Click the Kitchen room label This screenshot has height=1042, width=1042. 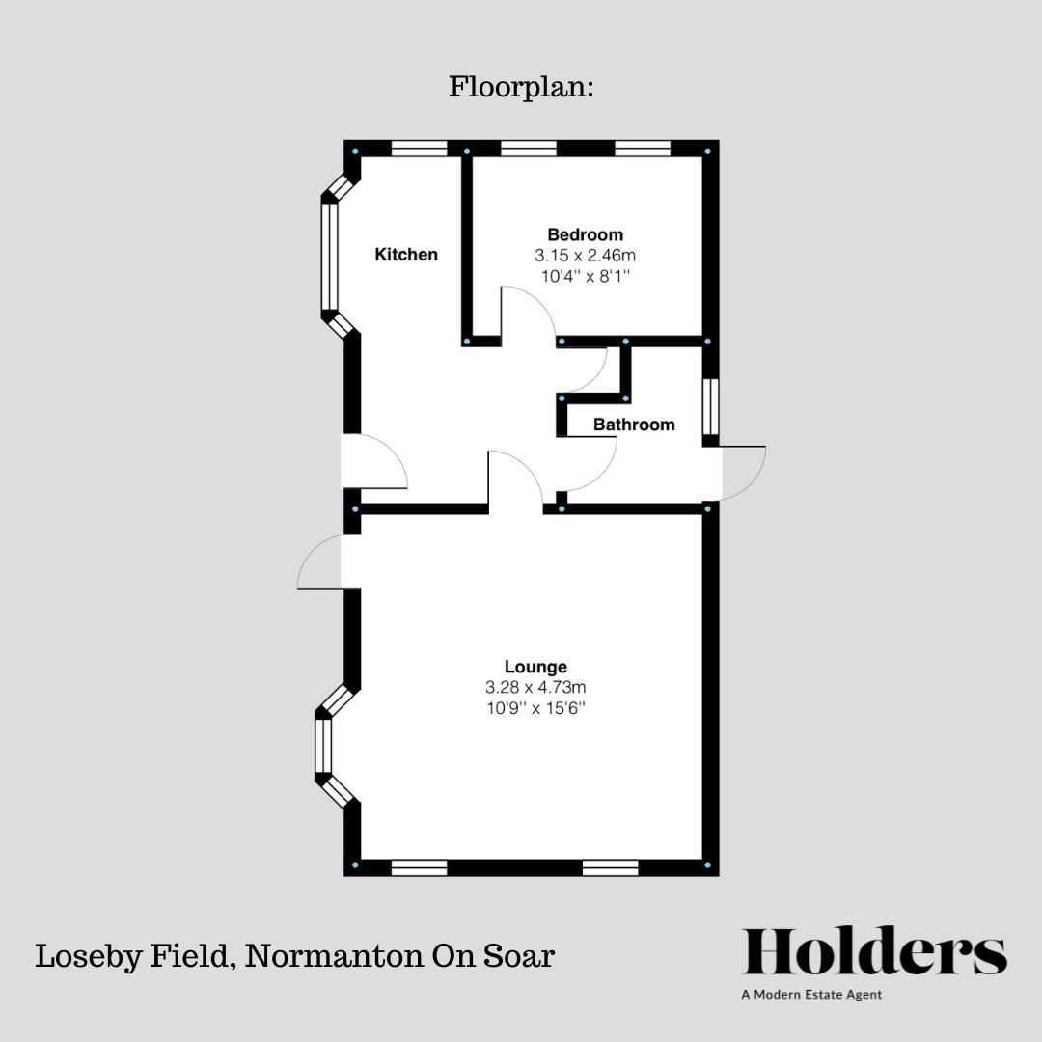[406, 255]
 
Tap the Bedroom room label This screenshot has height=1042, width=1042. [585, 234]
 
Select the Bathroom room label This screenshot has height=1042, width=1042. [634, 425]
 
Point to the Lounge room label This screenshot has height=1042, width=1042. [535, 667]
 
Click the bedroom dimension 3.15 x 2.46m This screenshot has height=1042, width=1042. [585, 256]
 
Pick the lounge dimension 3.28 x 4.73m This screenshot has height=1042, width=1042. [535, 688]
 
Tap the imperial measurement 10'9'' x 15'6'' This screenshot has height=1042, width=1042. [535, 708]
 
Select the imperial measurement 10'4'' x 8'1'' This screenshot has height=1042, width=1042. [585, 276]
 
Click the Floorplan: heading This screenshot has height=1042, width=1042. [521, 87]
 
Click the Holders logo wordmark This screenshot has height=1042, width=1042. [874, 953]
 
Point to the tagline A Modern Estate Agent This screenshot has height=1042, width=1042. [811, 995]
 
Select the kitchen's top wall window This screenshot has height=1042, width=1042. [420, 149]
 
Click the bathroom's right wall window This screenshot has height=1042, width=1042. [711, 406]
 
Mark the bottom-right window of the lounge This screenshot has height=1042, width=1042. [610, 868]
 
